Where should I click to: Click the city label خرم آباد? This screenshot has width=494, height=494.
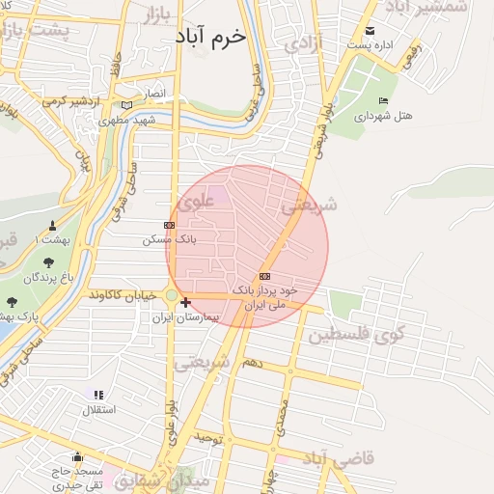tap(211, 35)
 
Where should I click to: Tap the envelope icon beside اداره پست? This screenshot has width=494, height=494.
tap(370, 32)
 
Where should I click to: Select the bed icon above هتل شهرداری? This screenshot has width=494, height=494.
tap(383, 101)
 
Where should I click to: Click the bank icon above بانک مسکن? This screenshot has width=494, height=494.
tap(169, 225)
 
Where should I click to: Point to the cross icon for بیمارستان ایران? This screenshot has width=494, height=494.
tap(185, 302)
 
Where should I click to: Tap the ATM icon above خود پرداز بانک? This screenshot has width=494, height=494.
tap(265, 276)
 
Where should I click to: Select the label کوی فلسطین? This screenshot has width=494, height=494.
tap(355, 336)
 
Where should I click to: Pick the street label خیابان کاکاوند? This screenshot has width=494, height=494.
tap(123, 294)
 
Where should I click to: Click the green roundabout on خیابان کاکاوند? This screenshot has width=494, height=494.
tap(172, 295)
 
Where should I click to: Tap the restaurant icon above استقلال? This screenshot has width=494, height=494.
tap(97, 395)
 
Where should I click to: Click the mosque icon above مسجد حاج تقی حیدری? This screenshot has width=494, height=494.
tap(77, 457)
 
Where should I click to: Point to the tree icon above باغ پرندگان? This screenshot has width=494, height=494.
tap(49, 261)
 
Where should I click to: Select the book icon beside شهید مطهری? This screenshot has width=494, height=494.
tap(126, 106)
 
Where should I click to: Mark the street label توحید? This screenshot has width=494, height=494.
tap(208, 439)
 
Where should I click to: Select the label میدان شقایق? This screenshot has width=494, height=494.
tap(170, 479)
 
